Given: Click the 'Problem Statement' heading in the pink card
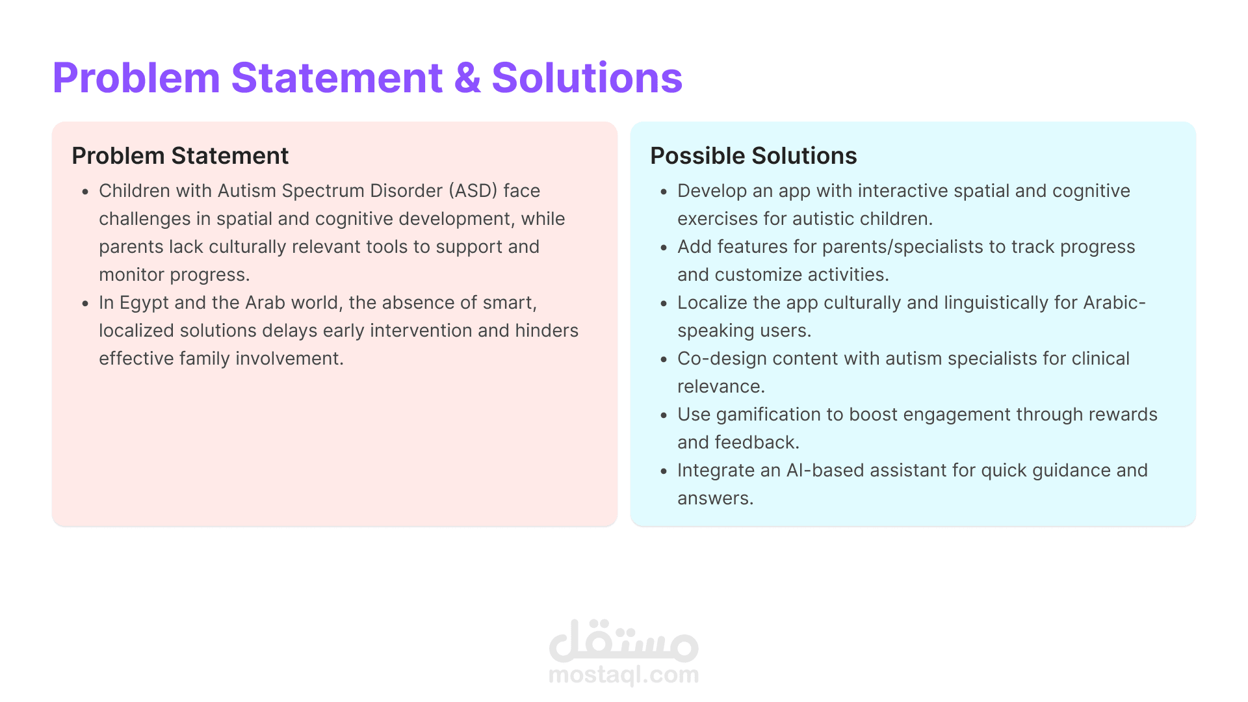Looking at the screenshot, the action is pos(180,156).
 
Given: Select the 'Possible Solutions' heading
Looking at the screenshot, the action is pos(753,156).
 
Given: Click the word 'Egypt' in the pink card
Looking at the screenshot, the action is pos(144,304).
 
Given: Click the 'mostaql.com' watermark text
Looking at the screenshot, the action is pos(624,675).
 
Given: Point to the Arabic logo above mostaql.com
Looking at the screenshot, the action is pos(624,640).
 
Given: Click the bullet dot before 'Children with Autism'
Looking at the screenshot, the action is pos(85,192).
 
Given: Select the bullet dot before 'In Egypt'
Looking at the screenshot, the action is pos(85,304).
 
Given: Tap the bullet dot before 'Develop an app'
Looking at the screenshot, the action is pos(664,192).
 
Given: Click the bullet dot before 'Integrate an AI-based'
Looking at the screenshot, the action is pos(664,472).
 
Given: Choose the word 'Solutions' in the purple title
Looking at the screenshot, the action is pos(587,78).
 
